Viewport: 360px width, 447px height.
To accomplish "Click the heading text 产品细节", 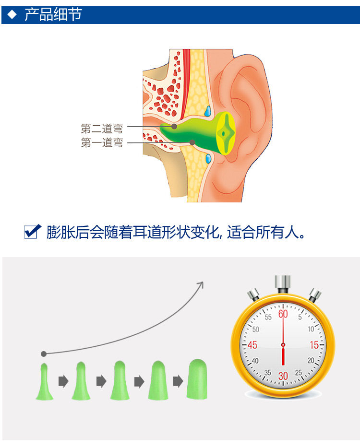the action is tap(53, 14).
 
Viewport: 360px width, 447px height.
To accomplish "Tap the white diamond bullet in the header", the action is tap(12, 14).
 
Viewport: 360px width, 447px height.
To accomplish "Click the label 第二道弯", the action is tap(102, 129).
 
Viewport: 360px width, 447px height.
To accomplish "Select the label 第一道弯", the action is tap(102, 143).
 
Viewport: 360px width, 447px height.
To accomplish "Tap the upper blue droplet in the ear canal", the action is tap(208, 111).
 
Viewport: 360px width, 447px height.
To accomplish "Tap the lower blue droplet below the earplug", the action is tap(208, 158).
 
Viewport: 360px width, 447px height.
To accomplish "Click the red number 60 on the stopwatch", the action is tap(283, 314).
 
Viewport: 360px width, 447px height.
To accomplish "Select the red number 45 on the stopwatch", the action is tap(252, 345).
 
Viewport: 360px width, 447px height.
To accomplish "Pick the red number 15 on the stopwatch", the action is tap(314, 345).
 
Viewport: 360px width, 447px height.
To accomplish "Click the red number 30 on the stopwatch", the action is tap(283, 376).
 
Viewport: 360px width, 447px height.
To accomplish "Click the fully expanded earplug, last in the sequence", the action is tap(197, 378).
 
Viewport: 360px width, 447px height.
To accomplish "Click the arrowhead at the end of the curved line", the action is tap(201, 284).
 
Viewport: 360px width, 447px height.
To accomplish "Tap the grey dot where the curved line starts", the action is tap(44, 354).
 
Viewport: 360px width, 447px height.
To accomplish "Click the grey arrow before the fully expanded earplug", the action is tap(178, 382).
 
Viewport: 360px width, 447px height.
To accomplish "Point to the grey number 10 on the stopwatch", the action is tap(311, 329).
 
